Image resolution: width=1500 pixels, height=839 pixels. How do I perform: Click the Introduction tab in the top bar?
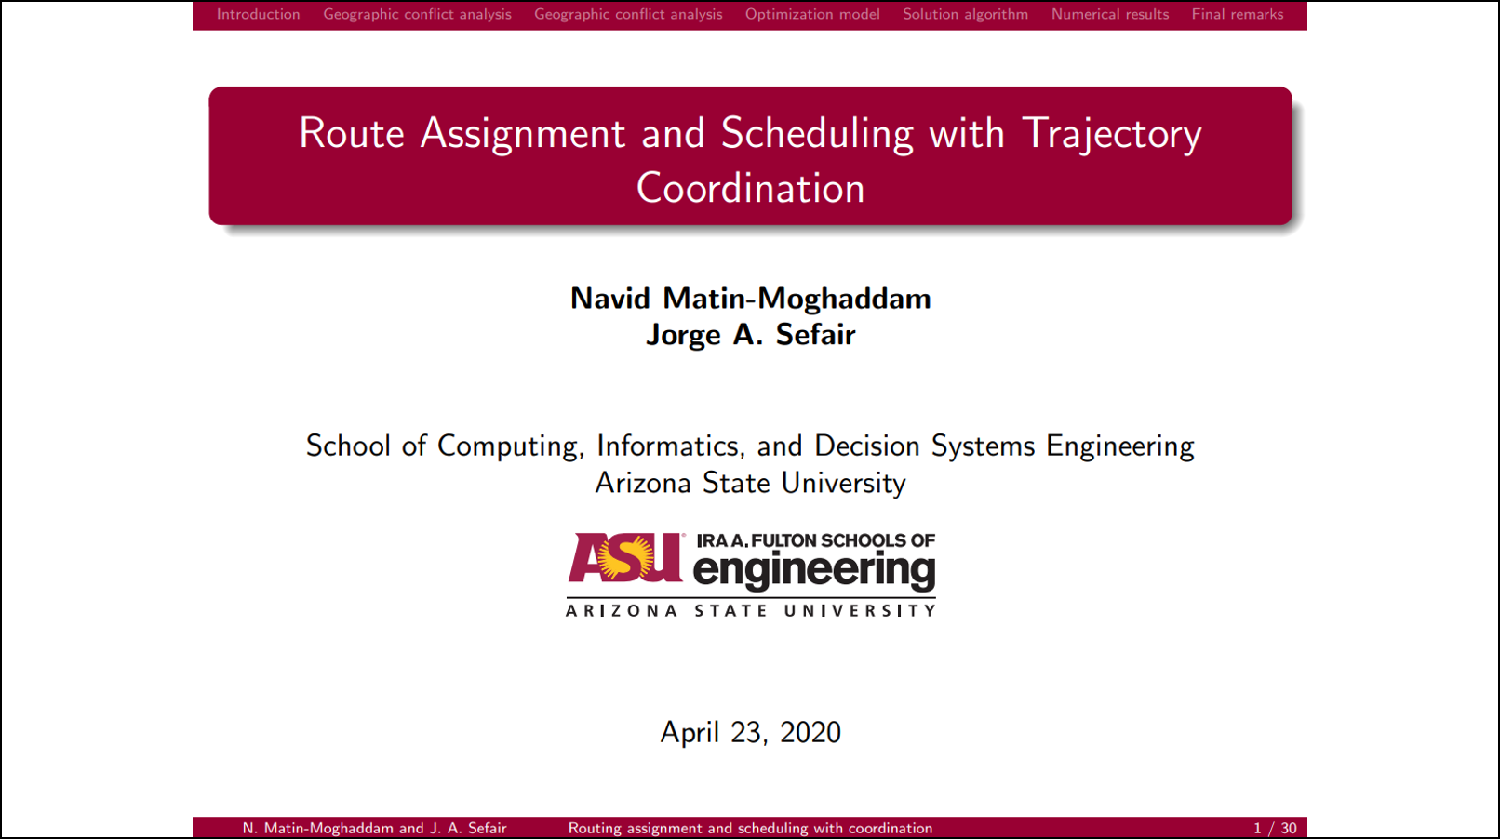click(258, 14)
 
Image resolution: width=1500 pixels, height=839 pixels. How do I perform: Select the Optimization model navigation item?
click(812, 14)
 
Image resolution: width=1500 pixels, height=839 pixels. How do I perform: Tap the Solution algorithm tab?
click(965, 14)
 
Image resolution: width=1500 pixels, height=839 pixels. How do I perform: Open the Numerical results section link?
click(1109, 14)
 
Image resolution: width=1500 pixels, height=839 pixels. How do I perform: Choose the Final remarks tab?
click(1238, 14)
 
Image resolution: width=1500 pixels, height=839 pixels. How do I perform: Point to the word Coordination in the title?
click(750, 188)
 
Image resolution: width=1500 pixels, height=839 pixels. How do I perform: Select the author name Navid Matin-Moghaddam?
click(750, 299)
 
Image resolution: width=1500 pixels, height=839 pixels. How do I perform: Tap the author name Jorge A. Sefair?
click(750, 335)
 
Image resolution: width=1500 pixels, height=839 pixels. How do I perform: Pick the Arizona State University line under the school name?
click(750, 483)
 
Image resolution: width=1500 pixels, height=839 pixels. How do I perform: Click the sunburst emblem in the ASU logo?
click(625, 557)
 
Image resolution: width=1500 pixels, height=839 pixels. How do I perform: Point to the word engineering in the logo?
click(813, 571)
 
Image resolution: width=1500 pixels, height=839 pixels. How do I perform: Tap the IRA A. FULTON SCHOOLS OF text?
click(816, 540)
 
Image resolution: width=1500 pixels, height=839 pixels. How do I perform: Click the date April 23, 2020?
click(750, 733)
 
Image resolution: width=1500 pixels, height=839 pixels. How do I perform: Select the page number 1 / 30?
click(1275, 828)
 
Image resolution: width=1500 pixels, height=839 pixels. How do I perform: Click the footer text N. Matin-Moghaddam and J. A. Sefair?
click(374, 828)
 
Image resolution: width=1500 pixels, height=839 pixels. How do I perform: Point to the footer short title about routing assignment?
click(750, 828)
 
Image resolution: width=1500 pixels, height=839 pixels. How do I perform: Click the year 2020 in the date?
click(810, 732)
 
